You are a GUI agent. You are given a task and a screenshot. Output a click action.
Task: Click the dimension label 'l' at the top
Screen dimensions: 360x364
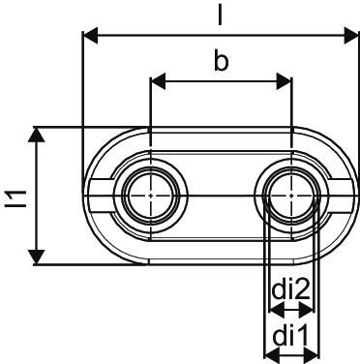point(220,14)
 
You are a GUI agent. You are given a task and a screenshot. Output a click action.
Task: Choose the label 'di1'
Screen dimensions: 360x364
point(290,336)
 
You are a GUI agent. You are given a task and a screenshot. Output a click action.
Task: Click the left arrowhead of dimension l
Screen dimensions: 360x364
point(90,36)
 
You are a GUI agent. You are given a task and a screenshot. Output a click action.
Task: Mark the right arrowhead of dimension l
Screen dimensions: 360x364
point(351,36)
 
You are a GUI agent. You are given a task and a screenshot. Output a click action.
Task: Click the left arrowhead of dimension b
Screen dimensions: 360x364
point(159,81)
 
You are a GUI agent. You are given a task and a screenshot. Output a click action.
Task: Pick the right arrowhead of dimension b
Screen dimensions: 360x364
point(284,81)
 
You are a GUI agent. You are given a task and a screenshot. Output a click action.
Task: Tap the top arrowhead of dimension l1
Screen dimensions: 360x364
point(37,135)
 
